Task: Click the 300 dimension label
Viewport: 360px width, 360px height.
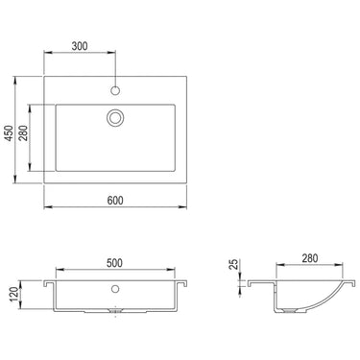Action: click(x=80, y=46)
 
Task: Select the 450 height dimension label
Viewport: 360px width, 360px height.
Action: click(x=10, y=132)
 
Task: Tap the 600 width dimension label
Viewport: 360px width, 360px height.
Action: click(x=115, y=201)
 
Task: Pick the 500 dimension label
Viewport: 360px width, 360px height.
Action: click(x=114, y=263)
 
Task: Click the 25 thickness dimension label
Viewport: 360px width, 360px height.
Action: click(x=234, y=264)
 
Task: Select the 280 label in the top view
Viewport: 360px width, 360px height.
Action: click(x=23, y=132)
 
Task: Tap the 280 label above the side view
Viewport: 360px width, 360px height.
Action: click(x=310, y=258)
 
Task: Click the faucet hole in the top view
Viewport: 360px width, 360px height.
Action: click(x=115, y=90)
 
